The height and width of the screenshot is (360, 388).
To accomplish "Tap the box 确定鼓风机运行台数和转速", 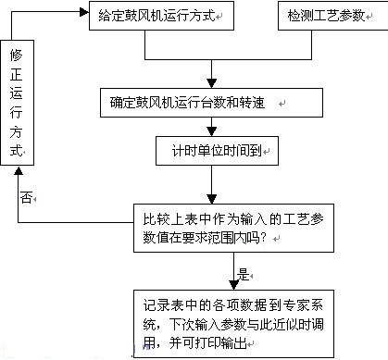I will (x=212, y=102).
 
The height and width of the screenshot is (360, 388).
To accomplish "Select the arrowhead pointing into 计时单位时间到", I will (x=213, y=133).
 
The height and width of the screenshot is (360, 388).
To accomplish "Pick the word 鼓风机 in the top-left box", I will (x=144, y=18).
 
